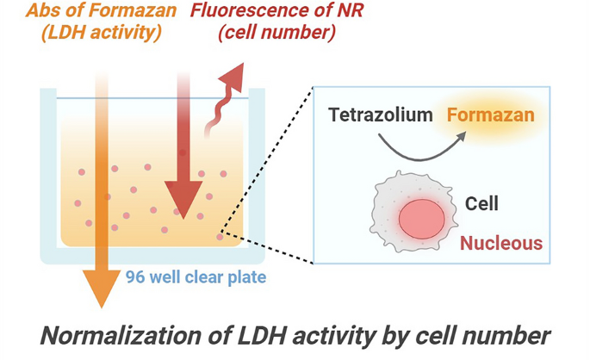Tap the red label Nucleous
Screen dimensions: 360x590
501,243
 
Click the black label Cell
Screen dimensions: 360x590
481,205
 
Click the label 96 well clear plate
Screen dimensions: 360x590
196,277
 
